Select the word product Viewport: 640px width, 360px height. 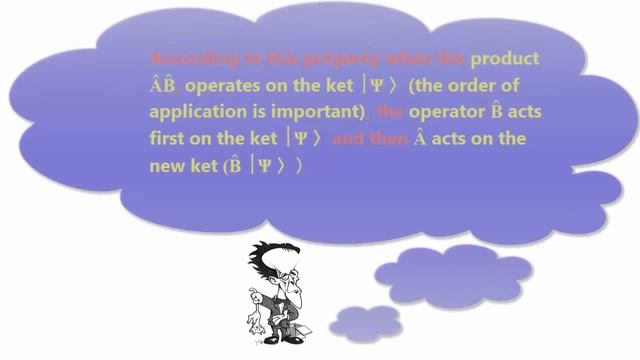pyautogui.click(x=505, y=59)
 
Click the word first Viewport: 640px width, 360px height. pyautogui.click(x=167, y=139)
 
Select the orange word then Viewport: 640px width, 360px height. pyautogui.click(x=383, y=139)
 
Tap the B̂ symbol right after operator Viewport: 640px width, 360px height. pyautogui.click(x=492, y=111)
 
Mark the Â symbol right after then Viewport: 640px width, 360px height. pyautogui.click(x=418, y=138)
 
